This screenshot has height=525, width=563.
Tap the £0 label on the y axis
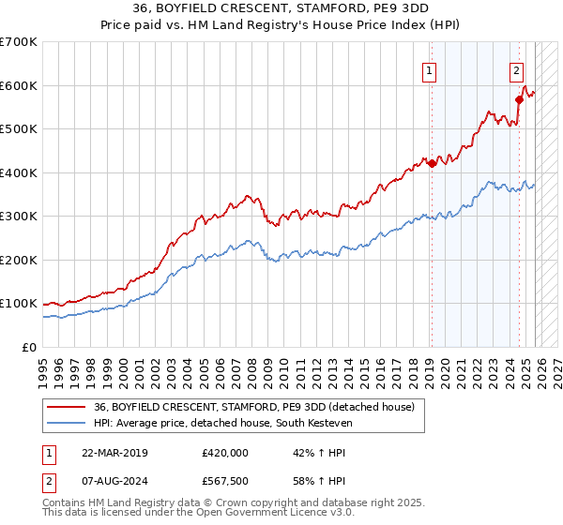click(28, 347)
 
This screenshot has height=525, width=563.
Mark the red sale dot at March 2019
click(432, 163)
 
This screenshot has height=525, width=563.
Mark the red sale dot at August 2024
click(518, 98)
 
